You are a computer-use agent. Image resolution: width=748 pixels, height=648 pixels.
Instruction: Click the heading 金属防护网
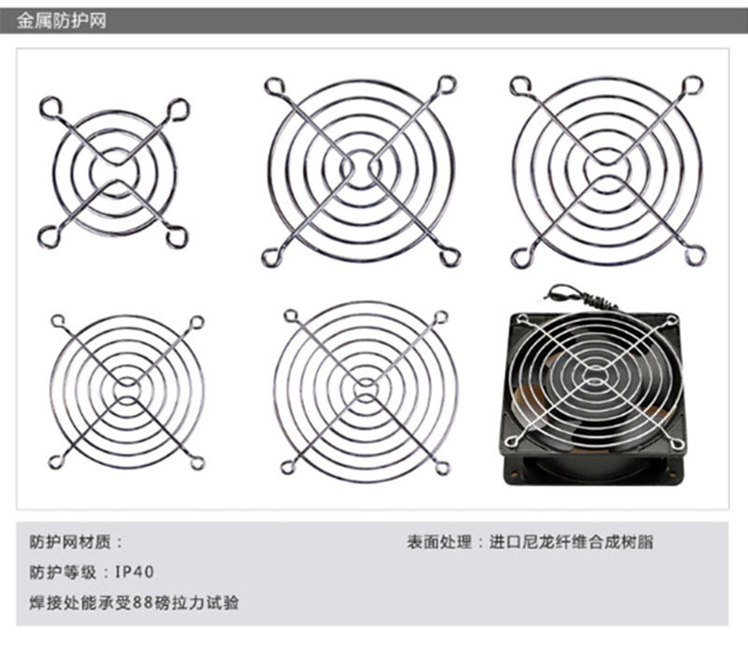61,22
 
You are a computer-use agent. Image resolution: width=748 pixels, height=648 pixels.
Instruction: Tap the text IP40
135,571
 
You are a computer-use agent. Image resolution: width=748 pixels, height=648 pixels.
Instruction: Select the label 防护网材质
70,542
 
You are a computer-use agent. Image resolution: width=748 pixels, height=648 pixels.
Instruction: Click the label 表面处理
439,542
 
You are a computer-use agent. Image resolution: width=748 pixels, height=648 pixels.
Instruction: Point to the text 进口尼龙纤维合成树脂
571,542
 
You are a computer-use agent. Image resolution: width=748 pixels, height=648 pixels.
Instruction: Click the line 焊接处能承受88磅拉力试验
134,603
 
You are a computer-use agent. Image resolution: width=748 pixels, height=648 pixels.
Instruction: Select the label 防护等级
63,571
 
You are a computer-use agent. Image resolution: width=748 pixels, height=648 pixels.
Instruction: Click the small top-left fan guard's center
114,173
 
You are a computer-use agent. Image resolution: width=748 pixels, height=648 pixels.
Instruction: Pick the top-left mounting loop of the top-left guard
50,108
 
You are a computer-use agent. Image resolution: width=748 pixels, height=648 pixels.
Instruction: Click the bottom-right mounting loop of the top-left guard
177,238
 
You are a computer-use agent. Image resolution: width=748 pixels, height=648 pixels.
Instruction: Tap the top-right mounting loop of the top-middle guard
447,85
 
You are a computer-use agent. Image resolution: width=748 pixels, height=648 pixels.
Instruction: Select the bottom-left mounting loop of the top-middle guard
271,258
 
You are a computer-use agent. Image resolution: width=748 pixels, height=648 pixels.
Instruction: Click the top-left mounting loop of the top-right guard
521,86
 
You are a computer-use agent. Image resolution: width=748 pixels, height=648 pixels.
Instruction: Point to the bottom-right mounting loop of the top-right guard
695,256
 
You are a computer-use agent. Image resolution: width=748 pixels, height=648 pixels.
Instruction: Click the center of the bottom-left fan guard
127,390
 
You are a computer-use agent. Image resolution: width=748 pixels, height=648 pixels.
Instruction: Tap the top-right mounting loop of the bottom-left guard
196,322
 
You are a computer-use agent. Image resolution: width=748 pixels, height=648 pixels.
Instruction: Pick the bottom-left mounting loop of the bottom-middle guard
288,468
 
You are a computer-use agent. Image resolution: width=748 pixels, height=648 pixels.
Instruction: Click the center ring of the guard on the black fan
594,376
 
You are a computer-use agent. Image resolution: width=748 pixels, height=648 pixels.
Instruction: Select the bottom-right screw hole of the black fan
672,474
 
